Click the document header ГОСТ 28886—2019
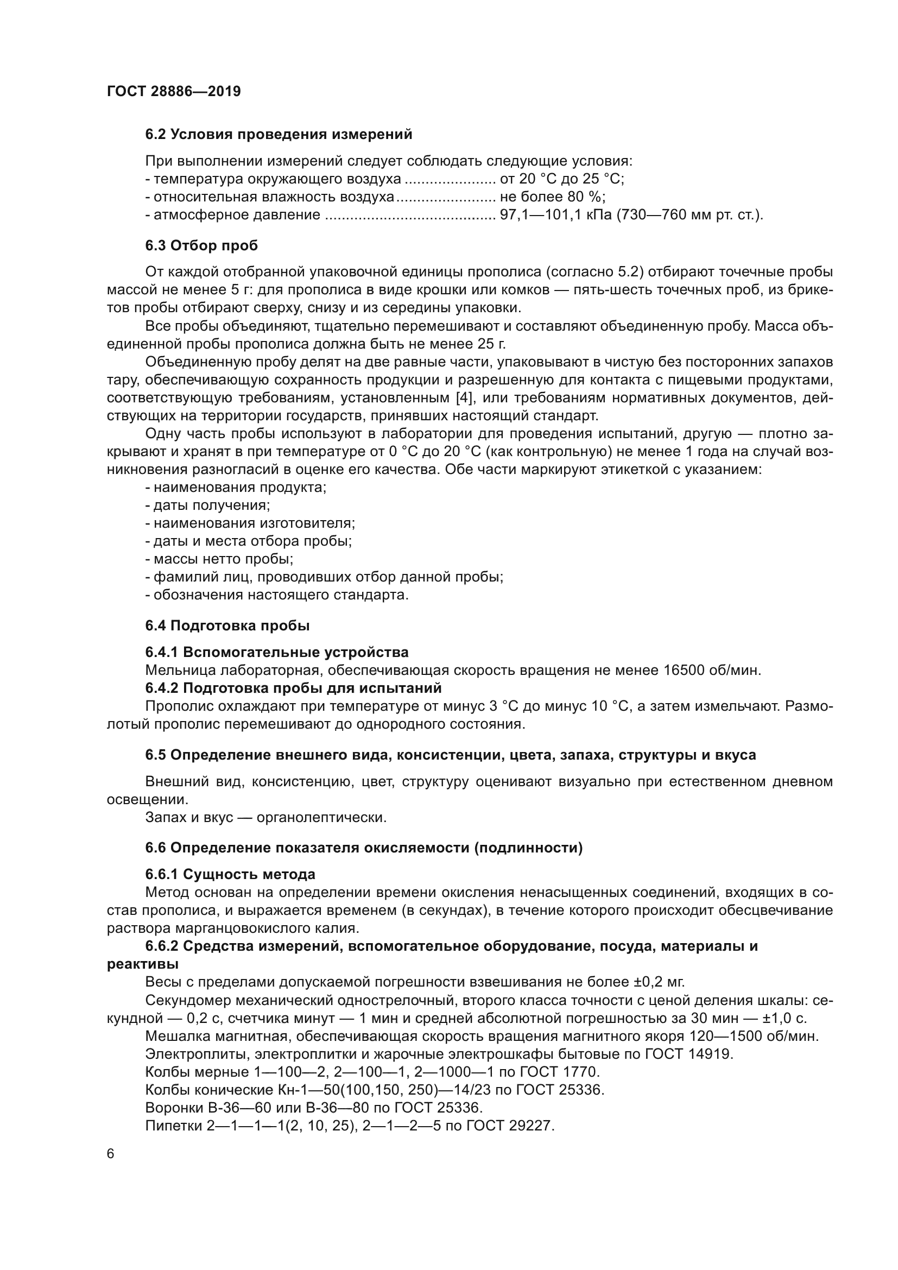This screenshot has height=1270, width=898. (x=174, y=91)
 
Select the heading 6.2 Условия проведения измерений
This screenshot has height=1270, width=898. (x=279, y=135)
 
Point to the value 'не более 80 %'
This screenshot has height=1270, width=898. (x=552, y=197)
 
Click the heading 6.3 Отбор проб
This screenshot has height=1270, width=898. (x=201, y=245)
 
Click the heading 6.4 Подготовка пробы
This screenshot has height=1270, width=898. (x=227, y=625)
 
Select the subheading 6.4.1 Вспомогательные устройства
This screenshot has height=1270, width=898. (x=276, y=652)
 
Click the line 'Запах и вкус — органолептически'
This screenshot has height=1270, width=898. (x=265, y=817)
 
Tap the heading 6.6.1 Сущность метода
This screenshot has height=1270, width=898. (x=230, y=875)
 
